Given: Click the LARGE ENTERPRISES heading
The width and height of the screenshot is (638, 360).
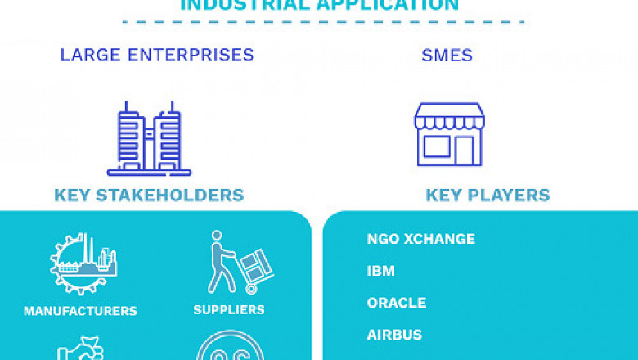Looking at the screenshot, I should click(x=157, y=56).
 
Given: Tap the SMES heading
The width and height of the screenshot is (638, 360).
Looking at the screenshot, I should click(x=448, y=56).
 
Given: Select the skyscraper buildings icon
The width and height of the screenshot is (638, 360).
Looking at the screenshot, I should click(x=149, y=138).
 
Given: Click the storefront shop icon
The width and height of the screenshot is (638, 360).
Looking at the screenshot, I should click(x=448, y=135).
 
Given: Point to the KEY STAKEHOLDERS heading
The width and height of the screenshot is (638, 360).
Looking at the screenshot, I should click(x=149, y=196).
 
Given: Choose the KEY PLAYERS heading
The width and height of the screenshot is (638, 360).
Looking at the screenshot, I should click(x=487, y=196).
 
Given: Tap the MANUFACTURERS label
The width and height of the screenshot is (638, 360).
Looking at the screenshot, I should click(x=80, y=311).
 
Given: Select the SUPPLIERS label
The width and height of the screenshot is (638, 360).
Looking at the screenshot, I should click(x=229, y=309).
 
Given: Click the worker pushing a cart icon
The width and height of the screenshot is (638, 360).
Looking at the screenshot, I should click(x=239, y=263).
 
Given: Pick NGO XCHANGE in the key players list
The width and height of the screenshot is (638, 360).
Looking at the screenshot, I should click(x=420, y=239).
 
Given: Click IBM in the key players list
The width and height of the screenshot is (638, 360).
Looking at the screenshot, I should click(x=381, y=271).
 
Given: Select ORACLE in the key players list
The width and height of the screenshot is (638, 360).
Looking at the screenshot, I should click(x=397, y=303).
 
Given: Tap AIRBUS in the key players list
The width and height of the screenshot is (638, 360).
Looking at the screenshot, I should click(x=394, y=335).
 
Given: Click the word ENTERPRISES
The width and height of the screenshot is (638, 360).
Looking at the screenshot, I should click(x=193, y=56).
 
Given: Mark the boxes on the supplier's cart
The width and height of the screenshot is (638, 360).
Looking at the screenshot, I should click(x=256, y=266).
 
